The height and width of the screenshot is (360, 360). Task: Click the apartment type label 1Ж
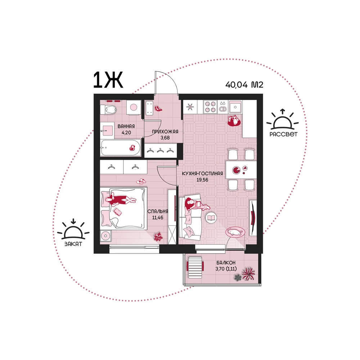(108, 80)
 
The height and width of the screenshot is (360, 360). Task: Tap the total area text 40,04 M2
(244, 85)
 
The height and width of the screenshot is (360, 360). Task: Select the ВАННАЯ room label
(126, 126)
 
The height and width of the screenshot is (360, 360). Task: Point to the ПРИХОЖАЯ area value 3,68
(165, 138)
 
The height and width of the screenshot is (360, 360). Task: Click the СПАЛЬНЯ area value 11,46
(158, 217)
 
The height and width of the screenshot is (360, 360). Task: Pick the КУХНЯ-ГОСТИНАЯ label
(202, 174)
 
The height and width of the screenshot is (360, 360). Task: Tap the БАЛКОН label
(226, 263)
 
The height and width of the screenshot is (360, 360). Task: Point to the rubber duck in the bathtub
(132, 148)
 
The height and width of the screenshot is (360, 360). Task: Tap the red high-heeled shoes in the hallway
(158, 108)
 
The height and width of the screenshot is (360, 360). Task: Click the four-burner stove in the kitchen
(210, 107)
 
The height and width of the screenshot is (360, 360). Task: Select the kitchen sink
(235, 107)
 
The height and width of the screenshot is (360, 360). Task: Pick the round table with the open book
(211, 217)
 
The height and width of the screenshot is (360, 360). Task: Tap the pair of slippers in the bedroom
(141, 181)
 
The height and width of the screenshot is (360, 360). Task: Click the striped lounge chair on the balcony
(195, 267)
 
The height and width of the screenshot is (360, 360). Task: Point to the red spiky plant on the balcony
(249, 274)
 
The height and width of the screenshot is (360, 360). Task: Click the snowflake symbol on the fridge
(190, 106)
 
